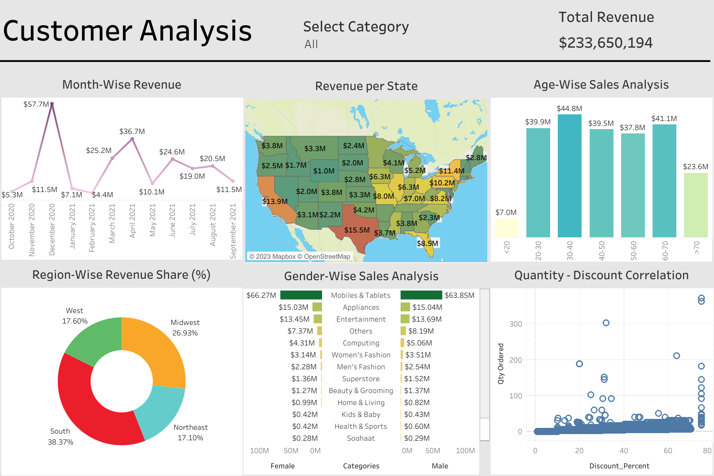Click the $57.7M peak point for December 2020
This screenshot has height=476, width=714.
pyautogui.click(x=52, y=104)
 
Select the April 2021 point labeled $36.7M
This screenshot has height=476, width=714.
pyautogui.click(x=132, y=139)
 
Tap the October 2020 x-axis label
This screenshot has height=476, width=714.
pyautogui.click(x=11, y=226)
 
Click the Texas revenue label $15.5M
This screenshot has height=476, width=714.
pyautogui.click(x=357, y=230)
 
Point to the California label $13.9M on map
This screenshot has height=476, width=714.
pyautogui.click(x=275, y=202)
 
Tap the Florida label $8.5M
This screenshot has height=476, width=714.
pyautogui.click(x=427, y=243)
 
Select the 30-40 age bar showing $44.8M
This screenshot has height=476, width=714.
pyautogui.click(x=570, y=176)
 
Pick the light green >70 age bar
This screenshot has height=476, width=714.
pyautogui.click(x=695, y=205)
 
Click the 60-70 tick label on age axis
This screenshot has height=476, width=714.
pyautogui.click(x=665, y=250)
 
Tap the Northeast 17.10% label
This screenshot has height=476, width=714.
pyautogui.click(x=190, y=433)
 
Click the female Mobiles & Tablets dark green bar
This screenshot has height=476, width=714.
pyautogui.click(x=301, y=295)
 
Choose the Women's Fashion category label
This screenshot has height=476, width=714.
pyautogui.click(x=361, y=355)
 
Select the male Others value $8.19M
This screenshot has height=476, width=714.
pyautogui.click(x=421, y=331)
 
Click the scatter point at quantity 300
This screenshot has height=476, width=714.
pyautogui.click(x=606, y=323)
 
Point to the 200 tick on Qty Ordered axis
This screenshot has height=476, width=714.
pyautogui.click(x=515, y=360)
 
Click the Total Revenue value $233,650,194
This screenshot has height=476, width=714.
pyautogui.click(x=605, y=43)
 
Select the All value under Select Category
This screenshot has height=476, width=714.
pyautogui.click(x=311, y=44)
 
